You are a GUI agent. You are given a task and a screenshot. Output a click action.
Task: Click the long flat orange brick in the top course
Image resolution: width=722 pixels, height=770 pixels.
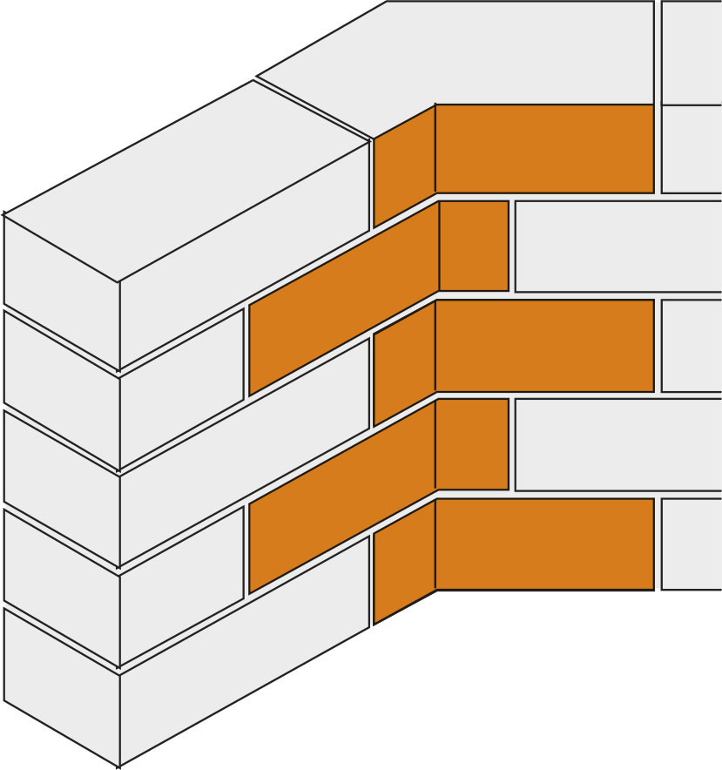click(x=544, y=148)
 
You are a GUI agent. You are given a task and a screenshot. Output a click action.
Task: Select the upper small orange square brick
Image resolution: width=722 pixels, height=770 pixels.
click(x=474, y=246)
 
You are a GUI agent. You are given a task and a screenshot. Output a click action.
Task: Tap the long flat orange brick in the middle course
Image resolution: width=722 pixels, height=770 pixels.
click(x=544, y=345)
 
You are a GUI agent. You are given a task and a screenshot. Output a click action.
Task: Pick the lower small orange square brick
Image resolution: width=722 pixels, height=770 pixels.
click(x=474, y=443)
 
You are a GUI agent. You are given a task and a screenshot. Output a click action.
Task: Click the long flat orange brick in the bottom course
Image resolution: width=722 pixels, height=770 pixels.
click(x=544, y=544)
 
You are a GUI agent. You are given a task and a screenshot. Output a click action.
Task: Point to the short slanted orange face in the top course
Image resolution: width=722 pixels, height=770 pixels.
click(x=404, y=165)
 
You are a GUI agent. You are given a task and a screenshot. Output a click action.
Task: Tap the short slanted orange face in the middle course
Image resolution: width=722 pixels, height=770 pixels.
click(x=404, y=362)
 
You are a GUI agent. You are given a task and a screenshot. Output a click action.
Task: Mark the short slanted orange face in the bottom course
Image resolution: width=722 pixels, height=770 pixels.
click(x=404, y=561)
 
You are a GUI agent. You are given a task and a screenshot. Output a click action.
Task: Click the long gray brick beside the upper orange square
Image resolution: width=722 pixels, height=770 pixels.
click(x=618, y=246)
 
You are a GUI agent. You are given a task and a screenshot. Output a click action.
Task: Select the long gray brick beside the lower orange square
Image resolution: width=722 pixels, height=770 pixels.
click(x=618, y=443)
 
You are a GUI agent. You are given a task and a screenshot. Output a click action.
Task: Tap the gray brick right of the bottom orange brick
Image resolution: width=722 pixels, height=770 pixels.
click(x=692, y=544)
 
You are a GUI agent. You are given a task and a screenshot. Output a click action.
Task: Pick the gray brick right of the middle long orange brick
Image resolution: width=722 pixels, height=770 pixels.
click(x=692, y=345)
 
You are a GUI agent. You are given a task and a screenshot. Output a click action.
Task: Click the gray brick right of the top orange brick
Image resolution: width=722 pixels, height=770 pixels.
click(x=692, y=148)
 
